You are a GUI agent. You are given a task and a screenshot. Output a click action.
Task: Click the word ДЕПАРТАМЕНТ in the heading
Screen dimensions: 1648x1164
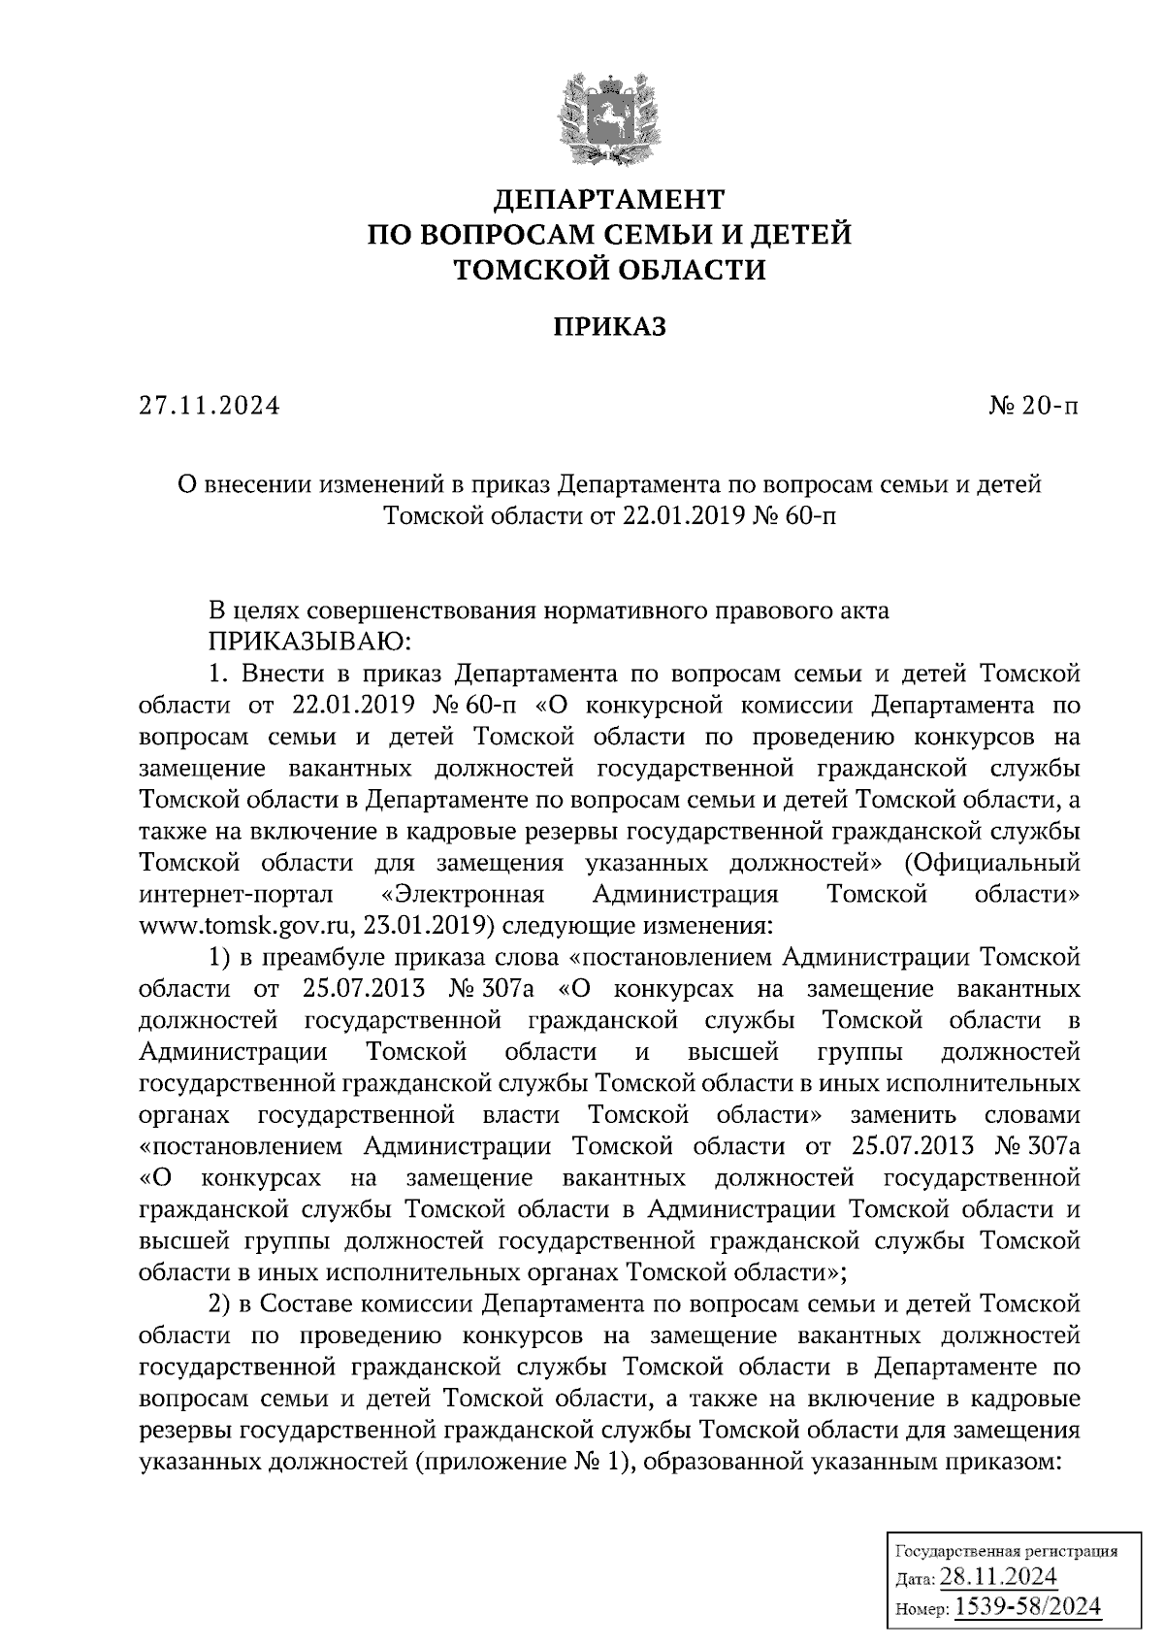(610, 200)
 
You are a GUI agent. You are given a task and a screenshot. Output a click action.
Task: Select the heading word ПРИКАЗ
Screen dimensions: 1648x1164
(610, 328)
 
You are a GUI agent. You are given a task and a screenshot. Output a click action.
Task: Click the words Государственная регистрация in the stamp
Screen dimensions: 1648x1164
(1004, 1551)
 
